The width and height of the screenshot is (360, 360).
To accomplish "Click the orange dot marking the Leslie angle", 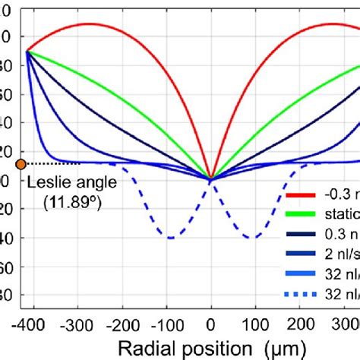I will pyautogui.click(x=21, y=163).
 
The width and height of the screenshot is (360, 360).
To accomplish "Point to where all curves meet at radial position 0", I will pyautogui.click(x=211, y=179).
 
